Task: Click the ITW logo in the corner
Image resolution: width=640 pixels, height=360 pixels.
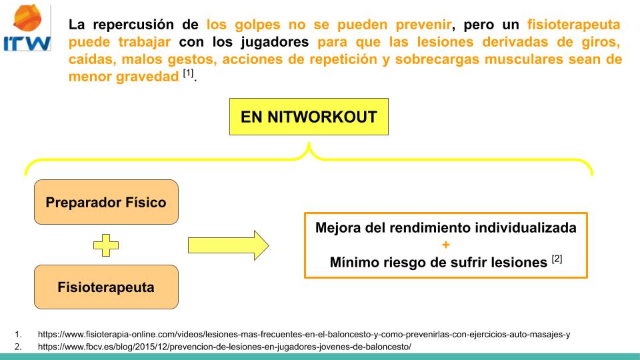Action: point(27,27)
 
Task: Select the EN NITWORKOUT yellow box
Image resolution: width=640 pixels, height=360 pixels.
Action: point(308,118)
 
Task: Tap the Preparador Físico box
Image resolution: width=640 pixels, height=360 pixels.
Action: point(106,202)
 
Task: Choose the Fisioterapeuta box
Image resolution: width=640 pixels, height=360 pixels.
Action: point(106,287)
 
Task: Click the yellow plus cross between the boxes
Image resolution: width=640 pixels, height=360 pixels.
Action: point(106,245)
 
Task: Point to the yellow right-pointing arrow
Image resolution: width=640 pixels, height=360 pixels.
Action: point(228,245)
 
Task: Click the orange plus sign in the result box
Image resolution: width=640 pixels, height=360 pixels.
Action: point(445,245)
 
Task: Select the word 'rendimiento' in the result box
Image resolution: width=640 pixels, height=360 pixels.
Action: point(433,227)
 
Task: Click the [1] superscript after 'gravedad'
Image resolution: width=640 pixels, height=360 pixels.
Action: point(189,73)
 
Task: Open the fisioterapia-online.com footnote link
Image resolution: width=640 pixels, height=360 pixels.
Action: point(304,335)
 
